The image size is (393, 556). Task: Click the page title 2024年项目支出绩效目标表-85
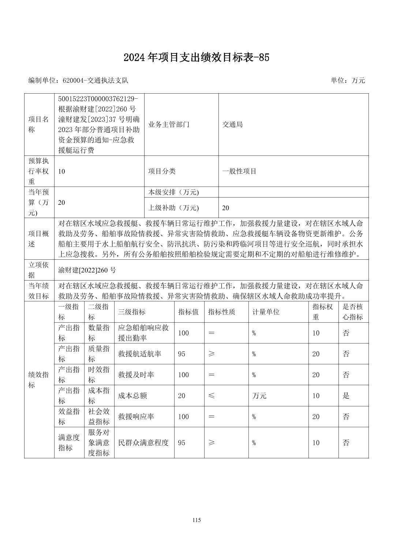[x=196, y=57]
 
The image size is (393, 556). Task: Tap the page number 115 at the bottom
[x=196, y=520]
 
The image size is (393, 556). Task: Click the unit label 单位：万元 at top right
[x=348, y=80]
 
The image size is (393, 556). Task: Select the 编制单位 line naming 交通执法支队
[x=78, y=80]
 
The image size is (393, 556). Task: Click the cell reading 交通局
[x=232, y=124]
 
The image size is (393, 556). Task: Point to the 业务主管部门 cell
[x=169, y=124]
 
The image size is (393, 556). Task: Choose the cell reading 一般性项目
[x=239, y=171]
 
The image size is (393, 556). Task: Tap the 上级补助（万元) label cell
[x=173, y=208]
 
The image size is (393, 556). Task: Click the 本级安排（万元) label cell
[x=173, y=192]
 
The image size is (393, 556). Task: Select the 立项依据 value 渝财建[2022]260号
[x=87, y=270]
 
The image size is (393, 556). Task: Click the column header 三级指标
[x=132, y=312]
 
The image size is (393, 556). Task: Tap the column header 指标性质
[x=222, y=312]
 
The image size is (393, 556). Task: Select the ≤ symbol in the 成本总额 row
[x=212, y=395]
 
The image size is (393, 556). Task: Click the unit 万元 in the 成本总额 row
[x=259, y=396]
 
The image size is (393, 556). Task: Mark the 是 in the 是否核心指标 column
[x=346, y=396]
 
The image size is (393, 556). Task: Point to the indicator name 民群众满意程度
[x=143, y=443]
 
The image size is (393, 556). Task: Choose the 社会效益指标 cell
[x=99, y=417]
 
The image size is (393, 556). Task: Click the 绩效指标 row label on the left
[x=39, y=380]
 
